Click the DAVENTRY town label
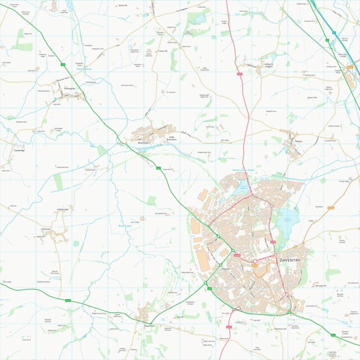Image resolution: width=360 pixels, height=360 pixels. pyautogui.click(x=290, y=261)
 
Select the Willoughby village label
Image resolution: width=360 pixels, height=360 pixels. pyautogui.click(x=70, y=88)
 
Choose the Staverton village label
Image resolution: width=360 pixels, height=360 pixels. pyautogui.click(x=149, y=325)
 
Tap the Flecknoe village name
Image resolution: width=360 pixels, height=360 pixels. pyautogui.click(x=45, y=229)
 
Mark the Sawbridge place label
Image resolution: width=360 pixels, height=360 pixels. pyautogui.click(x=19, y=151)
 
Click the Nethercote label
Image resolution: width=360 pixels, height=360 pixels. pyautogui.click(x=62, y=209)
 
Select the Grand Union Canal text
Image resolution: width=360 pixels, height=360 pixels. pyautogui.click(x=244, y=170)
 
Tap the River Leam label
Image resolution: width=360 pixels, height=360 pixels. pyautogui.click(x=124, y=226)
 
